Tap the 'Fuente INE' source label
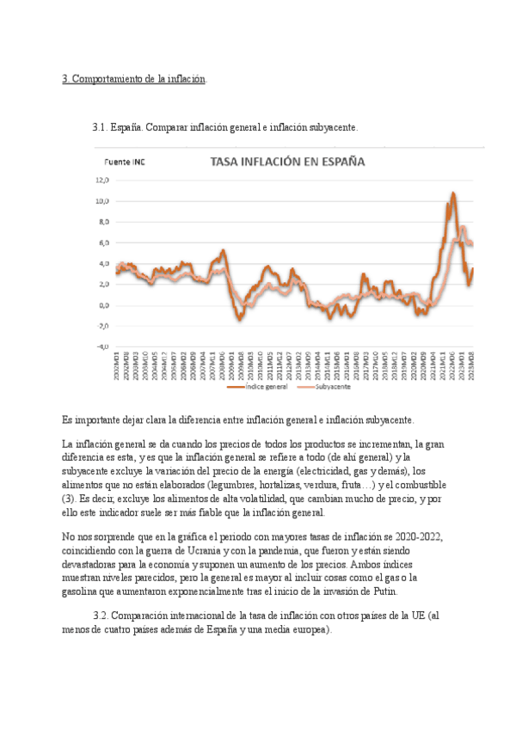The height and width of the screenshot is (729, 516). coord(124,162)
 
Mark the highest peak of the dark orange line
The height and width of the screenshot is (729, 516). coord(452,194)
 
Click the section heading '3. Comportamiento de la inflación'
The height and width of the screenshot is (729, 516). coord(134,79)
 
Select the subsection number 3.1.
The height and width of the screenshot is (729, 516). coord(101,127)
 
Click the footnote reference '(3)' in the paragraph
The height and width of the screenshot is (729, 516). coord(69,499)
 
